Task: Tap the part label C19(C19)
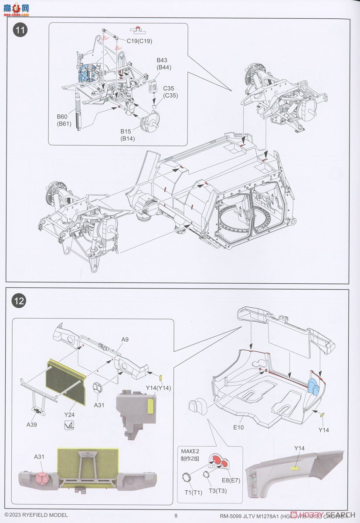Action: [139, 41]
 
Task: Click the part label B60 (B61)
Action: [64, 120]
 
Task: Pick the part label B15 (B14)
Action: [128, 135]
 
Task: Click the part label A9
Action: [125, 339]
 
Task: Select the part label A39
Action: [31, 424]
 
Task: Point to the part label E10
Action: [238, 427]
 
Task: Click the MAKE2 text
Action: [191, 452]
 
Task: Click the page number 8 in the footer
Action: [176, 515]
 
